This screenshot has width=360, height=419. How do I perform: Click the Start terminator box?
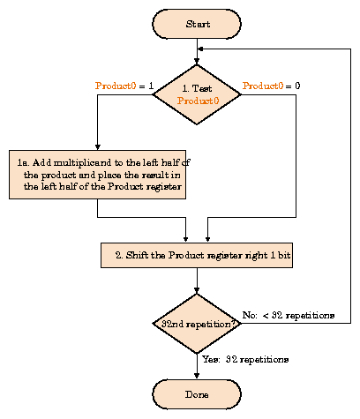pyautogui.click(x=197, y=24)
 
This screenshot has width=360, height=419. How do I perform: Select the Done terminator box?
pyautogui.click(x=197, y=394)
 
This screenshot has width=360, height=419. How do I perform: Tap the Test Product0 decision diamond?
pyautogui.click(x=197, y=94)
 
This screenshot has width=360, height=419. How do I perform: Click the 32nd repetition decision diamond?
pyautogui.click(x=197, y=324)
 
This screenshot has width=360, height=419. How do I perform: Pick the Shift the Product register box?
pyautogui.click(x=197, y=255)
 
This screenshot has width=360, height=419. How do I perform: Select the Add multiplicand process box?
pyautogui.click(x=98, y=175)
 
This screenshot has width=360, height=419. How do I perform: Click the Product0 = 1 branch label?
pyautogui.click(x=124, y=86)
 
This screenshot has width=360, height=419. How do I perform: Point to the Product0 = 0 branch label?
pyautogui.click(x=271, y=86)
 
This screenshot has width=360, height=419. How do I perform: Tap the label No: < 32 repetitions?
pyautogui.click(x=289, y=315)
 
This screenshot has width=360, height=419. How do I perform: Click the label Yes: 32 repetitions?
pyautogui.click(x=245, y=359)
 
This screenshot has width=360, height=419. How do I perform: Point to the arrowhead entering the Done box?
pyautogui.click(x=197, y=376)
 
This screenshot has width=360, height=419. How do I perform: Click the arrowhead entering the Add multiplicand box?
pyautogui.click(x=98, y=147)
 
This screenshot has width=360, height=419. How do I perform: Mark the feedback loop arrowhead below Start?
pyautogui.click(x=200, y=49)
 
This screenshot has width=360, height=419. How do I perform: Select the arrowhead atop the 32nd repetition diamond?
pyautogui.click(x=197, y=290)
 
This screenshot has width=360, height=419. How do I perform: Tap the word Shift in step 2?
pyautogui.click(x=137, y=255)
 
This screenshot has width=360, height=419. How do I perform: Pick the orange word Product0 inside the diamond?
pyautogui.click(x=198, y=101)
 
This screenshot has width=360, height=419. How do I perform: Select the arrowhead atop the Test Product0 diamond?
pyautogui.click(x=197, y=62)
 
